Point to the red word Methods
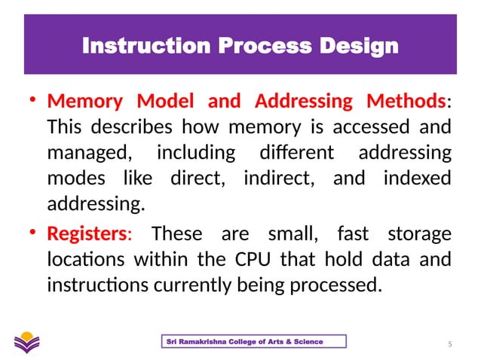(404, 101)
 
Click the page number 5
(449, 345)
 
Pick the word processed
(341, 286)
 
